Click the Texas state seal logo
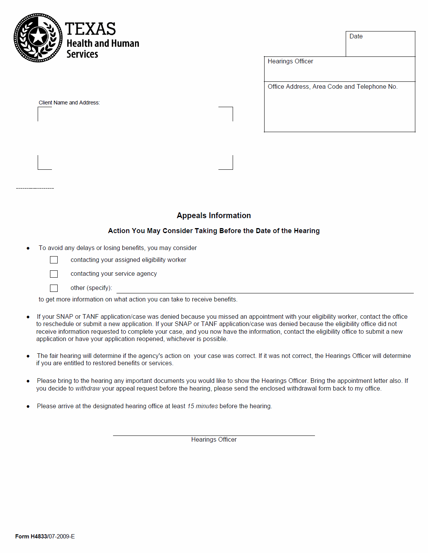click(38, 38)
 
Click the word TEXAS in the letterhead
click(90, 29)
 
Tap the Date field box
click(380, 44)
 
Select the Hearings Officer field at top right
click(339, 69)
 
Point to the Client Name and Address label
click(69, 103)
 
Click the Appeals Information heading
click(214, 215)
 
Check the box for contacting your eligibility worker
click(54, 260)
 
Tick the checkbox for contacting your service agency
click(54, 274)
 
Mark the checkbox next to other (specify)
click(54, 288)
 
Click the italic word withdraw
click(88, 389)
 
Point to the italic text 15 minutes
click(203, 406)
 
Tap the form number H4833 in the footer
click(39, 536)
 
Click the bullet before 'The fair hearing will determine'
click(28, 356)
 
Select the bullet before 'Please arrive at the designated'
click(28, 407)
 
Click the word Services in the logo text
click(82, 54)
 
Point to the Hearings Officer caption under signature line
click(214, 440)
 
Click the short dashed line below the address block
click(35, 188)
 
